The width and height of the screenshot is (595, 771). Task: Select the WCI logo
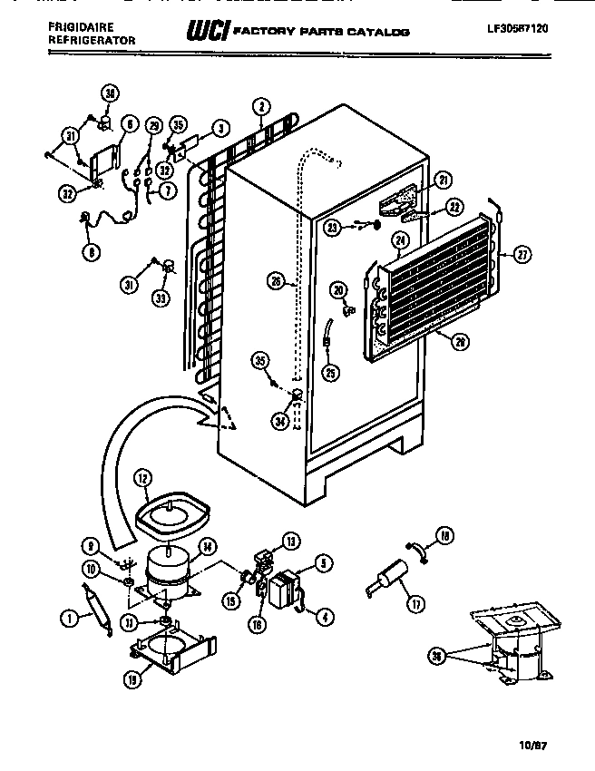(x=206, y=32)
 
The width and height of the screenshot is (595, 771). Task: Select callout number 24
(x=397, y=241)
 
